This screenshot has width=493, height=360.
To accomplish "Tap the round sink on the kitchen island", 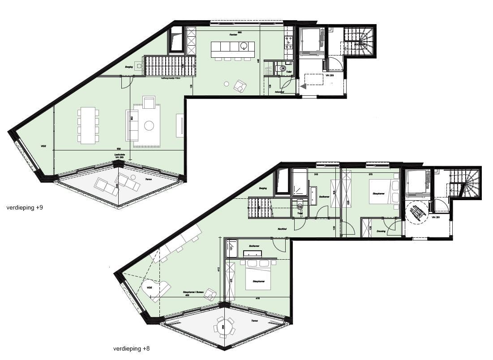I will click(x=244, y=45).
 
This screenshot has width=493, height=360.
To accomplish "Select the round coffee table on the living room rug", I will click(x=149, y=126).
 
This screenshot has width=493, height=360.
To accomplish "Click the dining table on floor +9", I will click(x=88, y=125).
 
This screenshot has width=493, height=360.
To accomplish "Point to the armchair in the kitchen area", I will click(x=240, y=86).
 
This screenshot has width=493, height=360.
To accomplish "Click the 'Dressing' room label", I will click(x=381, y=231).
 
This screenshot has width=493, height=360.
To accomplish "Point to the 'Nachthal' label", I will click(x=282, y=229).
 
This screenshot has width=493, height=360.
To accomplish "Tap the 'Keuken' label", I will click(x=233, y=34).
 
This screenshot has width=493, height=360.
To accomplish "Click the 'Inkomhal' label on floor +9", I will click(x=279, y=92).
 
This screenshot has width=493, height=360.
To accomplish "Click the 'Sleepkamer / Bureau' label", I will click(x=193, y=292).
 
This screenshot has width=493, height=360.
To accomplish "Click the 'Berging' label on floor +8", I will click(x=263, y=189).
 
